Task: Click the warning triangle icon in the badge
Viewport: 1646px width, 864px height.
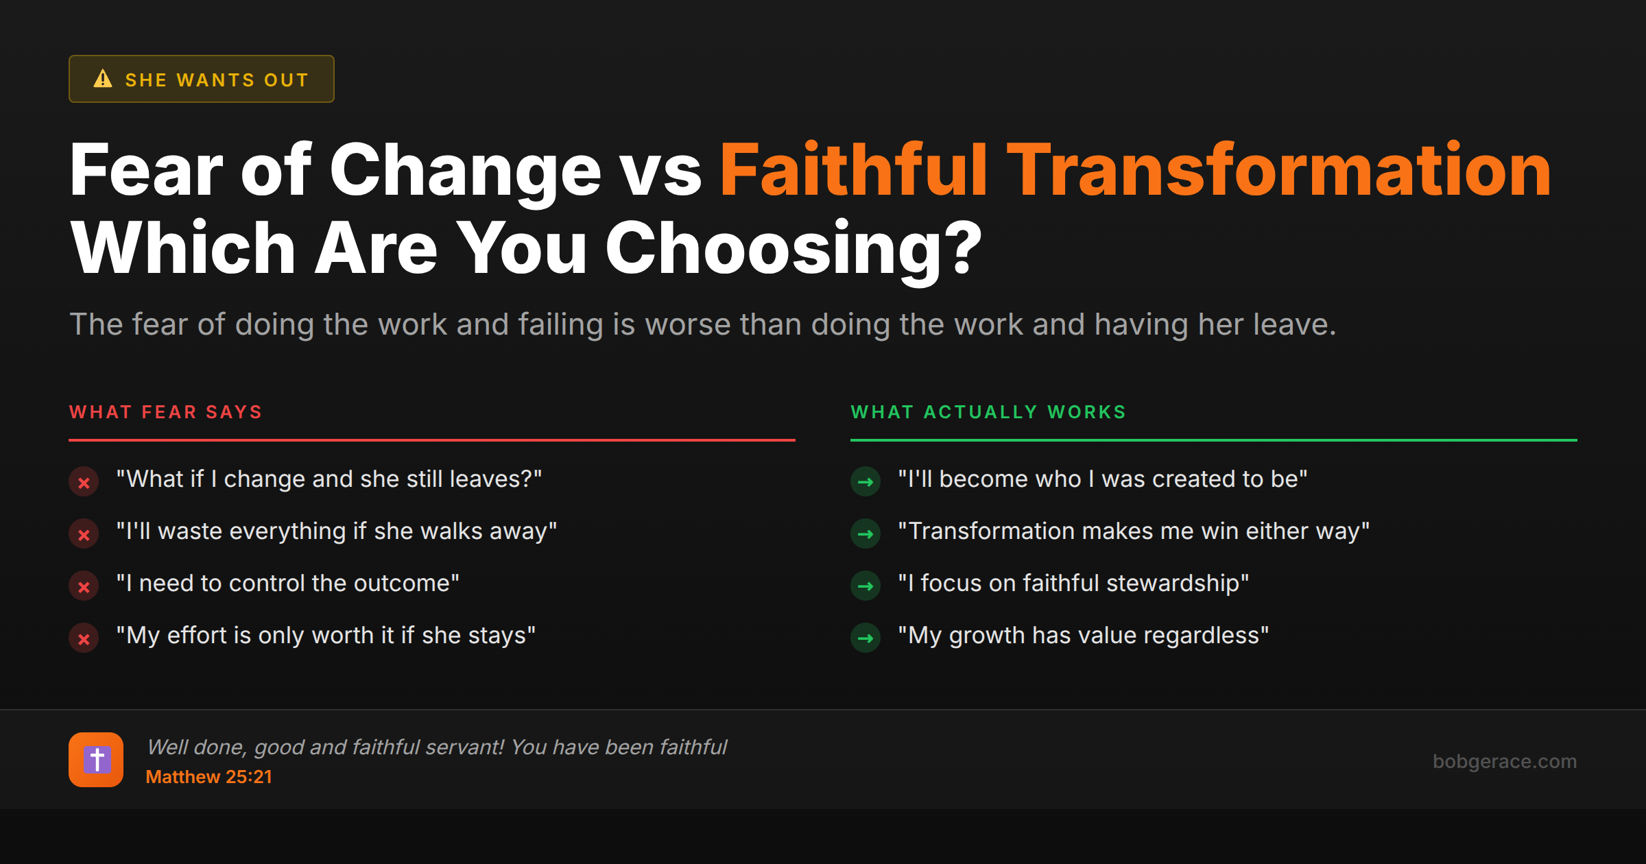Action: tap(103, 79)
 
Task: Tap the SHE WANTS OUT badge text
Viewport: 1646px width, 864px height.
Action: tap(217, 80)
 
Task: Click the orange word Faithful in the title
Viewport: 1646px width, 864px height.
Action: tap(852, 170)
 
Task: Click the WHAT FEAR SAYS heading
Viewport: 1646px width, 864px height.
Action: tap(166, 412)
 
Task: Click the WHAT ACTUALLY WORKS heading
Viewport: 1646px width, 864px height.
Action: tap(988, 412)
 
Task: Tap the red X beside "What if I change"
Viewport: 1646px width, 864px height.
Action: tap(84, 482)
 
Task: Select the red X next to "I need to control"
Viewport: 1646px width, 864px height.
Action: tap(84, 586)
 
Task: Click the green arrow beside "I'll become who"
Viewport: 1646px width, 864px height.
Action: tap(866, 482)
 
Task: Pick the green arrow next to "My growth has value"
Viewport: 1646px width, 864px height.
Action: tap(866, 638)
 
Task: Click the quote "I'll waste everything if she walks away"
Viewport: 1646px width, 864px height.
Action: tap(336, 531)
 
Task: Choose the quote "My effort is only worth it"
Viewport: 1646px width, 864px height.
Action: tap(326, 636)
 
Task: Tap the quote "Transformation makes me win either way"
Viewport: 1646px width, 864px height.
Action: tap(1133, 531)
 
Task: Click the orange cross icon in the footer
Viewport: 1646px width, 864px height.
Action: tap(96, 760)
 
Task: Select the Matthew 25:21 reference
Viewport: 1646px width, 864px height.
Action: tap(208, 777)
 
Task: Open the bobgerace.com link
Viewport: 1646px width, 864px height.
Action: tap(1504, 761)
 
